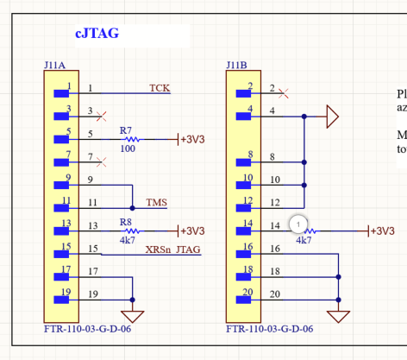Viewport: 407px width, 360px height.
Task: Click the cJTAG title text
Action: (97, 34)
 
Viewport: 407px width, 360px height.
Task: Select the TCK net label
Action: (160, 88)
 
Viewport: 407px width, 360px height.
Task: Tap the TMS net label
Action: (156, 203)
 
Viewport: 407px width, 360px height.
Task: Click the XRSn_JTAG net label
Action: (172, 249)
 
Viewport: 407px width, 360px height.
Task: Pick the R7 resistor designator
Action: (126, 129)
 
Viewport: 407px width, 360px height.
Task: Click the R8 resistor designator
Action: (126, 222)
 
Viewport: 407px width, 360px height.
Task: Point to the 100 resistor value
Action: (127, 148)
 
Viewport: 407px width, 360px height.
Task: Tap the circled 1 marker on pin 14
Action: (298, 224)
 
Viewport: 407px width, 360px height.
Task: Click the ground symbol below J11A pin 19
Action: (133, 315)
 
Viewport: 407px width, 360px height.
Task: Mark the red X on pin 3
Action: (103, 114)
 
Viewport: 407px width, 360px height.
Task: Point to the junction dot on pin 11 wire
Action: (133, 208)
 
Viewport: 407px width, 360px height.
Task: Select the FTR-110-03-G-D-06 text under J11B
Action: (269, 329)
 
